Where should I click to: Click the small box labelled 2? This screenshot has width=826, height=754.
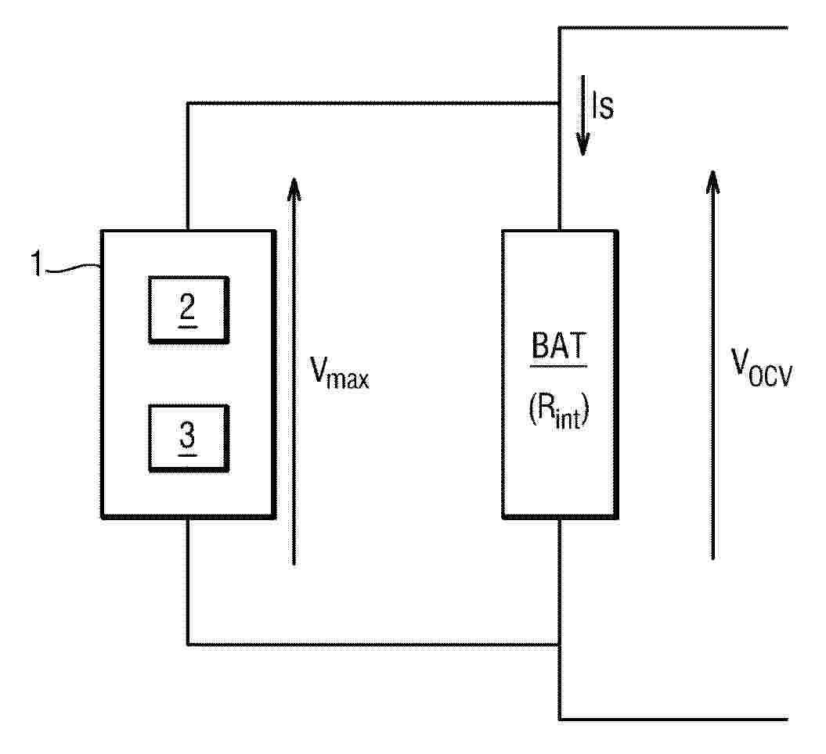pos(188,310)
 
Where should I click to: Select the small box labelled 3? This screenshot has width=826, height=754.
pos(188,438)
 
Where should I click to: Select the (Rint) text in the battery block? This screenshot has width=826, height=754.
pos(559,413)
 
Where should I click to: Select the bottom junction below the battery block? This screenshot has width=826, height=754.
pos(559,644)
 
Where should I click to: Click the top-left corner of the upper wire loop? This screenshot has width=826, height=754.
pos(188,103)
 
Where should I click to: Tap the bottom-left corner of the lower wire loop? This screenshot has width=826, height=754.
pos(188,644)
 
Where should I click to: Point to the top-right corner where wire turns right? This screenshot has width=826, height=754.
pos(559,28)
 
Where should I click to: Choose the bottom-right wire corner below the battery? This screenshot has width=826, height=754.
pos(559,718)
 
